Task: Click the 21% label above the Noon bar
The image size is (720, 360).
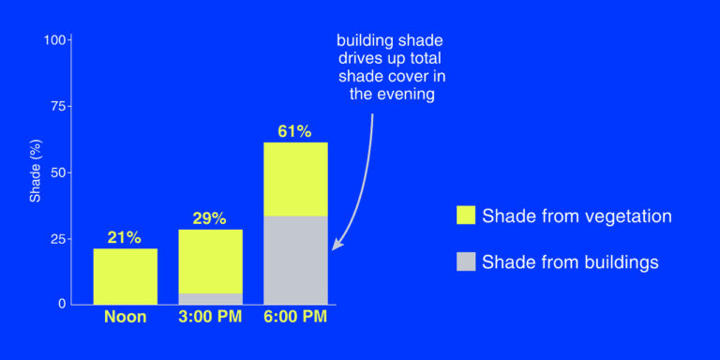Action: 125,237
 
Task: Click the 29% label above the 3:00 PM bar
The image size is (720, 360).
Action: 210,218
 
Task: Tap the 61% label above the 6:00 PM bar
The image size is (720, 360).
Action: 294,131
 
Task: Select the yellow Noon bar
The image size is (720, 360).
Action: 126,276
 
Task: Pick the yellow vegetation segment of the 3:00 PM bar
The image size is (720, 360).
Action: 210,261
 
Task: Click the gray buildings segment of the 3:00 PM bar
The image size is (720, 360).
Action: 210,298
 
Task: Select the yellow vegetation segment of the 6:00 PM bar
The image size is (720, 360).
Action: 295,179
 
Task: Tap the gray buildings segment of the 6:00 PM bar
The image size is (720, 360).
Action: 295,260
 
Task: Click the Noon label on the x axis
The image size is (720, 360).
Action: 125,317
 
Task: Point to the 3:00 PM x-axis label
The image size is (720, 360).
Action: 210,317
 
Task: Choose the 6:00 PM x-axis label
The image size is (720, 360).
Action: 295,317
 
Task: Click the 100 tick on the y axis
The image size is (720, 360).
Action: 55,40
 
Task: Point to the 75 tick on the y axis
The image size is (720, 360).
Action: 58,107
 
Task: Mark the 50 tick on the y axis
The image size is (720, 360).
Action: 58,172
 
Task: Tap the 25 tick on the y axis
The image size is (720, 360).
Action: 58,239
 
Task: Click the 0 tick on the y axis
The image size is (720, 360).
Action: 62,304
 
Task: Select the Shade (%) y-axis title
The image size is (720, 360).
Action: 35,172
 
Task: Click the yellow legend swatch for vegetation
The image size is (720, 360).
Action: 465,216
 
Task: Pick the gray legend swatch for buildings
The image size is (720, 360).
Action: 465,262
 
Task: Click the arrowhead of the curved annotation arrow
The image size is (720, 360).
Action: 337,247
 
